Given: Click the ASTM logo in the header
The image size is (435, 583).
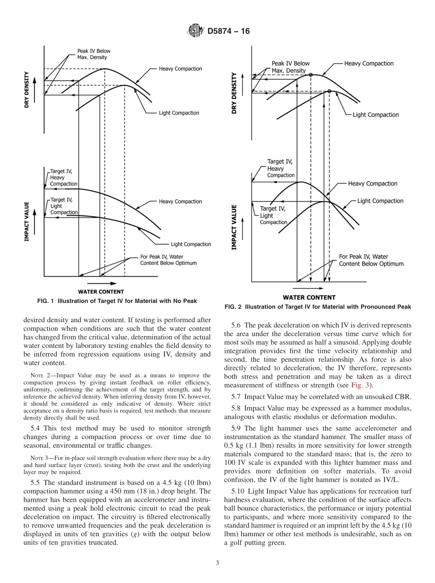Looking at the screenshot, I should pyautogui.click(x=195, y=31).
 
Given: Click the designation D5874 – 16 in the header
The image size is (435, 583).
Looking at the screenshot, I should pyautogui.click(x=228, y=32).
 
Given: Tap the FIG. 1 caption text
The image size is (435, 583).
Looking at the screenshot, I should pyautogui.click(x=117, y=301).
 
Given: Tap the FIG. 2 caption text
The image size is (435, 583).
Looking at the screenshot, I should pyautogui.click(x=317, y=307).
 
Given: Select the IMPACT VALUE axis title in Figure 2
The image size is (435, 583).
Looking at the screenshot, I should pyautogui.click(x=234, y=227).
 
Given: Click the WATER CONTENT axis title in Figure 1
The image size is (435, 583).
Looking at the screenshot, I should pyautogui.click(x=101, y=291).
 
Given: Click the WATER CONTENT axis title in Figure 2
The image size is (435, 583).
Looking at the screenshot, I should pyautogui.click(x=309, y=297).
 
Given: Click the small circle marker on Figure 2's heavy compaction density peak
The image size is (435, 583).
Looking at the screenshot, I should pyautogui.click(x=311, y=75).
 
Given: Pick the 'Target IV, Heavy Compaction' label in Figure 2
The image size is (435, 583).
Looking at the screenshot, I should pyautogui.click(x=280, y=168).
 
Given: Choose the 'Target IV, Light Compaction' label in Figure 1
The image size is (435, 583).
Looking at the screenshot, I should pyautogui.click(x=63, y=206).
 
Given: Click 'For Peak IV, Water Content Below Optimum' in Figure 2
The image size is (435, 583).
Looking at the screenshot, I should pyautogui.click(x=371, y=260).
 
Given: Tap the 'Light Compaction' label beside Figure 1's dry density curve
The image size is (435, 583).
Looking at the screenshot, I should pyautogui.click(x=179, y=113).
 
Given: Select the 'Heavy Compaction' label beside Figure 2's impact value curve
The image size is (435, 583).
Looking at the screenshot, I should pyautogui.click(x=372, y=184).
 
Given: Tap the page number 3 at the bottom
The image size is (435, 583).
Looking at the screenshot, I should pyautogui.click(x=217, y=563).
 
